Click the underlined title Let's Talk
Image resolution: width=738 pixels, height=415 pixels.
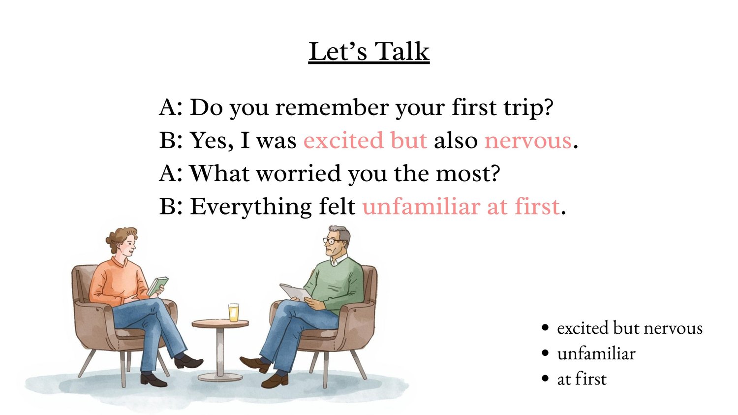tap(369, 52)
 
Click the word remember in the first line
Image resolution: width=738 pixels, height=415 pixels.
tap(332, 107)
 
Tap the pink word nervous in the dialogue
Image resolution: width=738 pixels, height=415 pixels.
tap(528, 141)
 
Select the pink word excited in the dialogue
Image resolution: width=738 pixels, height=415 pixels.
tap(343, 140)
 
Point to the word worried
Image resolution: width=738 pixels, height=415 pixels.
tap(298, 173)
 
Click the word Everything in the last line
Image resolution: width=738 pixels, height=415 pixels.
tap(250, 207)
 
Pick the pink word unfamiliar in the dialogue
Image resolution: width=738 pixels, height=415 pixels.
tap(421, 207)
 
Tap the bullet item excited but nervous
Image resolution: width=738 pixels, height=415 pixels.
tap(630, 328)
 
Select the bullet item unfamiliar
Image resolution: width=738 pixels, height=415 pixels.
tap(596, 353)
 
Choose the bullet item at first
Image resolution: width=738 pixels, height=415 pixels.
tap(582, 379)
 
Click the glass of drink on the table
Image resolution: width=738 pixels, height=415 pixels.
tap(234, 313)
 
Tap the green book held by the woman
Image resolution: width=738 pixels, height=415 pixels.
tap(157, 286)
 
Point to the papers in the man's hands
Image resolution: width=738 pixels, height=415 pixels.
tap(296, 292)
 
